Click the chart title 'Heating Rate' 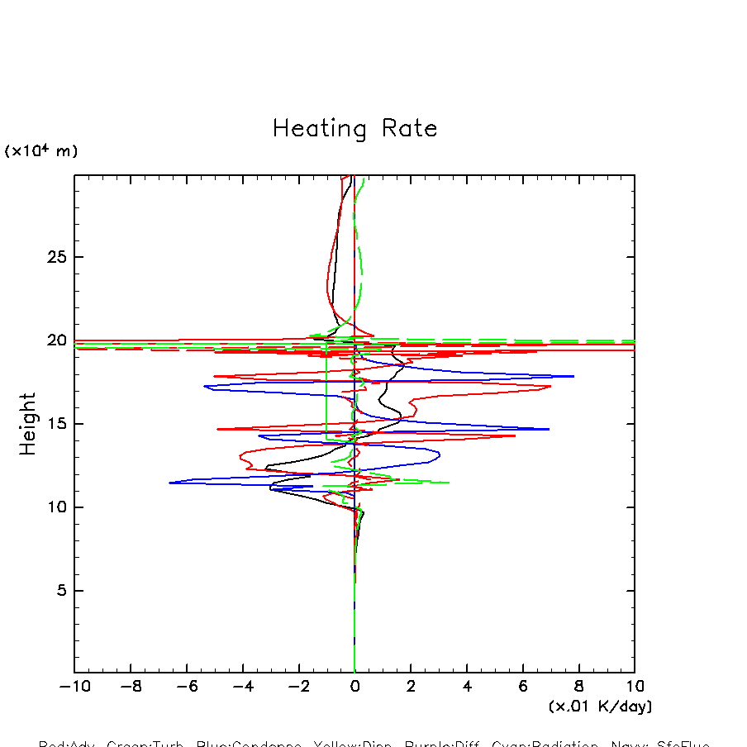pos(354,129)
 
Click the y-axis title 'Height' pos(28,424)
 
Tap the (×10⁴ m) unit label pos(41,151)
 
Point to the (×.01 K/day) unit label pos(601,707)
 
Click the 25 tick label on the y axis pos(55,257)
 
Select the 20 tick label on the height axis pos(55,340)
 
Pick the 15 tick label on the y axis pos(55,424)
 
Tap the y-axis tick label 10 pos(55,507)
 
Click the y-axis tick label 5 pos(59,591)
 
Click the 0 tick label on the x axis pos(354,686)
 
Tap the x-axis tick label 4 pos(467,686)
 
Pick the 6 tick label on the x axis pos(523,686)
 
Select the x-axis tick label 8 pos(578,686)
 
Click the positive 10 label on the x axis pos(635,686)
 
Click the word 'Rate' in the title pos(409,129)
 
